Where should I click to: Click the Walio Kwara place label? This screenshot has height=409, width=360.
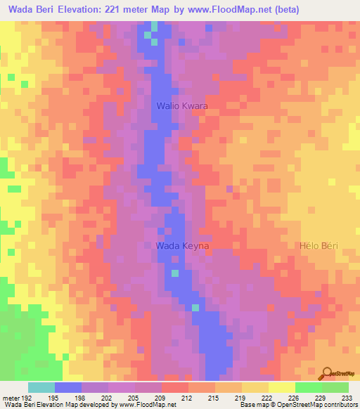click(181, 106)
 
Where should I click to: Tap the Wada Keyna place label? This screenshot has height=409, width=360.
click(182, 245)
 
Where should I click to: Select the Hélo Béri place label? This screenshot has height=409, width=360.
click(319, 245)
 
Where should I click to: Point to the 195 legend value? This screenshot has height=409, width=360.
click(54, 398)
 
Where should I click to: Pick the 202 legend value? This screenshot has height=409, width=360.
click(108, 398)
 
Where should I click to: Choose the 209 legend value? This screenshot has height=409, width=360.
click(161, 398)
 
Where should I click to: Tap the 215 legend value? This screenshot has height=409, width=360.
click(214, 398)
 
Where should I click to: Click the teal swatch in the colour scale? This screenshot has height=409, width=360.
click(41, 387)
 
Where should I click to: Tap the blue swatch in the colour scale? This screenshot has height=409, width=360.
click(67, 387)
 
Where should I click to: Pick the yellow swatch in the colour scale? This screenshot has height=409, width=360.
click(281, 387)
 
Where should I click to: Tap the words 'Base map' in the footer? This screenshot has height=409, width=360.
click(251, 405)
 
